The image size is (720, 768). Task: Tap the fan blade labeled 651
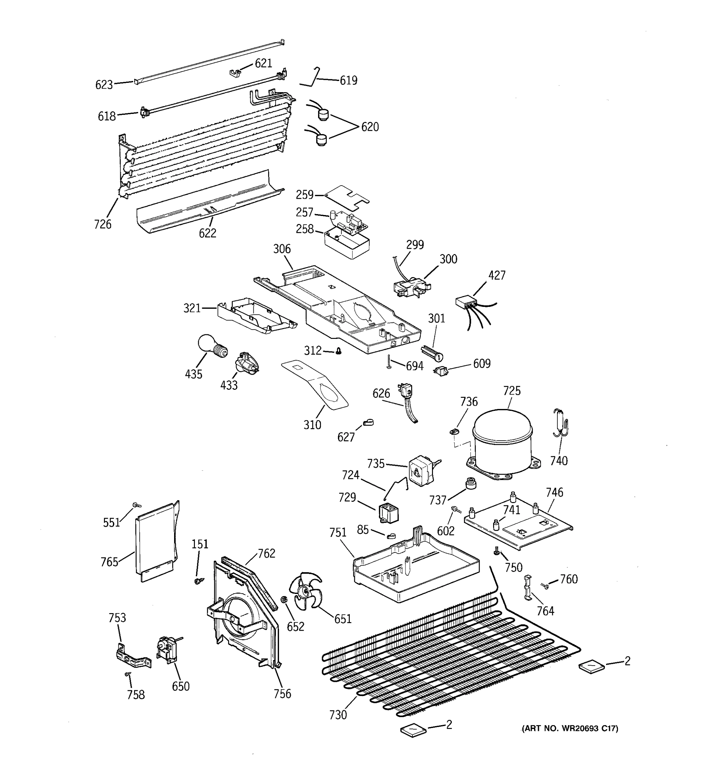pyautogui.click(x=307, y=591)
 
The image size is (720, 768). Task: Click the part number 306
pyautogui.click(x=282, y=249)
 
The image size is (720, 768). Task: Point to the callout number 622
pyautogui.click(x=207, y=233)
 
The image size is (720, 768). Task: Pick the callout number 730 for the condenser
pyautogui.click(x=338, y=715)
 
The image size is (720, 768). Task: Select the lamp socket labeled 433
pyautogui.click(x=246, y=363)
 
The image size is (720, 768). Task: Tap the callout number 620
pyautogui.click(x=370, y=127)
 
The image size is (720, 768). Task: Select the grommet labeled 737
pyautogui.click(x=471, y=483)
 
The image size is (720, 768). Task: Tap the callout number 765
pyautogui.click(x=109, y=562)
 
